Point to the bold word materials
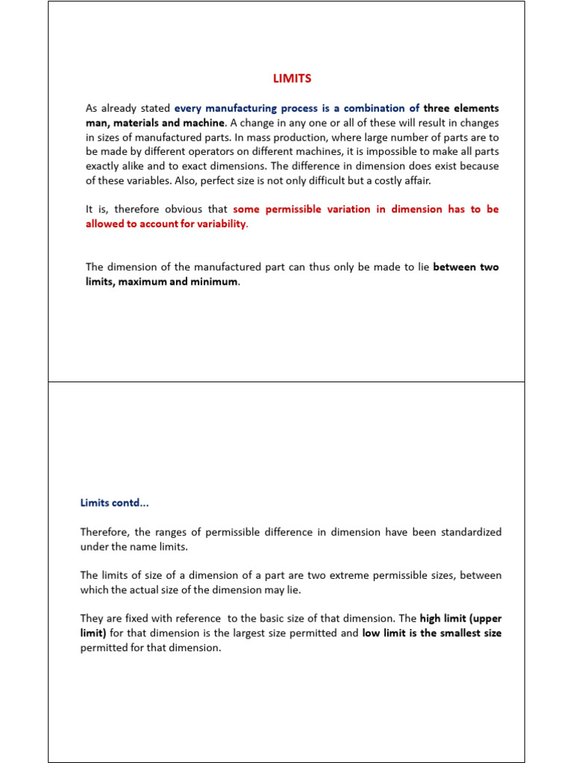138,122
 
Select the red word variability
215,224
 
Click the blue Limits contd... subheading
115,503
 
